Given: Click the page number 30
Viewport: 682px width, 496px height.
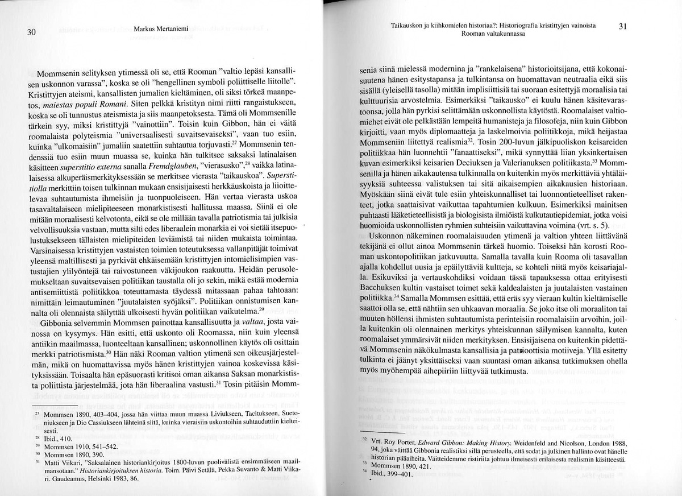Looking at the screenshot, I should click(32, 31).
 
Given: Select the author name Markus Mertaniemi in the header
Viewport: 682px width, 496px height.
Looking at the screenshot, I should click(162, 28).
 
